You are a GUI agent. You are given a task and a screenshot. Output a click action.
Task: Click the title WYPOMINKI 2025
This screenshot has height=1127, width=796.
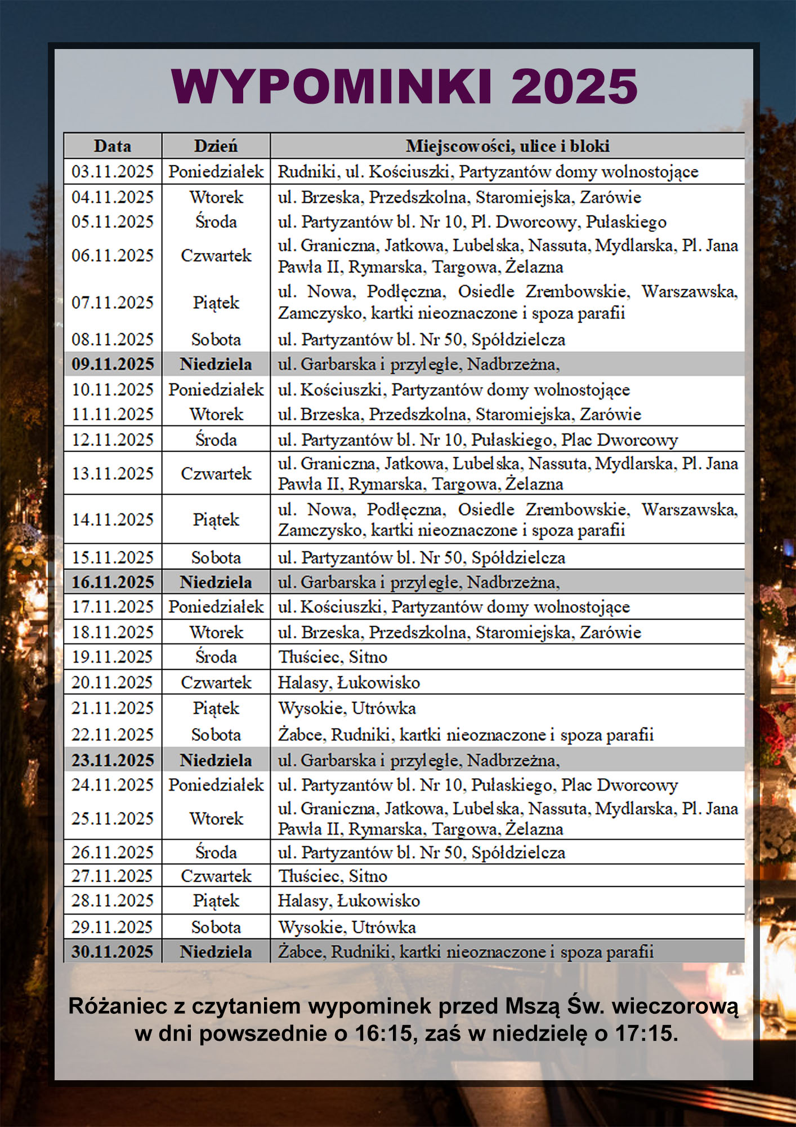pos(404,87)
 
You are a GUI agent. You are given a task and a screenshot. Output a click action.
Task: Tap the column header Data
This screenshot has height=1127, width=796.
pos(113,147)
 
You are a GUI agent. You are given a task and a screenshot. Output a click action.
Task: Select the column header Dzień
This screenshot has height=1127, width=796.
pos(216,147)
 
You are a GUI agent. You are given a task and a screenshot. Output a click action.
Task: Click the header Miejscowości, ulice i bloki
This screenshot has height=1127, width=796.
pos(507,147)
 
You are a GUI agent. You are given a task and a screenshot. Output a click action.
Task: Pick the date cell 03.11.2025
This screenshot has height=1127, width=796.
pos(113,172)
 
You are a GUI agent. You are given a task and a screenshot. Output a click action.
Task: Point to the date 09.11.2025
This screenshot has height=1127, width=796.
pos(113,365)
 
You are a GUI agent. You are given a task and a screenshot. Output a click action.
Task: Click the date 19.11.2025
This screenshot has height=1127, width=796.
pos(113,657)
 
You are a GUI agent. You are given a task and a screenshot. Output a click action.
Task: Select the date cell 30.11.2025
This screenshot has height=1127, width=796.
pos(113,952)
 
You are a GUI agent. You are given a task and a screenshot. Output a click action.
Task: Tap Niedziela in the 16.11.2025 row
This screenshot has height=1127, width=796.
pos(216,582)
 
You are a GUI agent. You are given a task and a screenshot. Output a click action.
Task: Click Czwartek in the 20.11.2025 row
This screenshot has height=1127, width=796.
pos(216,682)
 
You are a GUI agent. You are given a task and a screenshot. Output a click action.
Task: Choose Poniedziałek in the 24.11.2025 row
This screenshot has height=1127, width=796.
pos(216,785)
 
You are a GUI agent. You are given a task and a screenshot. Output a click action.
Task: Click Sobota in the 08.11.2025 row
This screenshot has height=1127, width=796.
pos(216,340)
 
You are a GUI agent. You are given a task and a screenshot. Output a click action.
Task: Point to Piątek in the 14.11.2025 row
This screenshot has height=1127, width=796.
pos(216,520)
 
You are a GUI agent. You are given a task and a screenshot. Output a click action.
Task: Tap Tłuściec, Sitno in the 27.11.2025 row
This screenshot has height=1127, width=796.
pos(333,876)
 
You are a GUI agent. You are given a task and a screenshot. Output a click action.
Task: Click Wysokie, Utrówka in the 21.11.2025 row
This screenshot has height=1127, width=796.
pos(347,708)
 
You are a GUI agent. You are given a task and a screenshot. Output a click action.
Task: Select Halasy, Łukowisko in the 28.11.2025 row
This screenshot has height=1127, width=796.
pos(349,901)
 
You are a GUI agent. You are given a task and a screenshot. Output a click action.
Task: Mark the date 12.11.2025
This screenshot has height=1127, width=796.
pos(113,440)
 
